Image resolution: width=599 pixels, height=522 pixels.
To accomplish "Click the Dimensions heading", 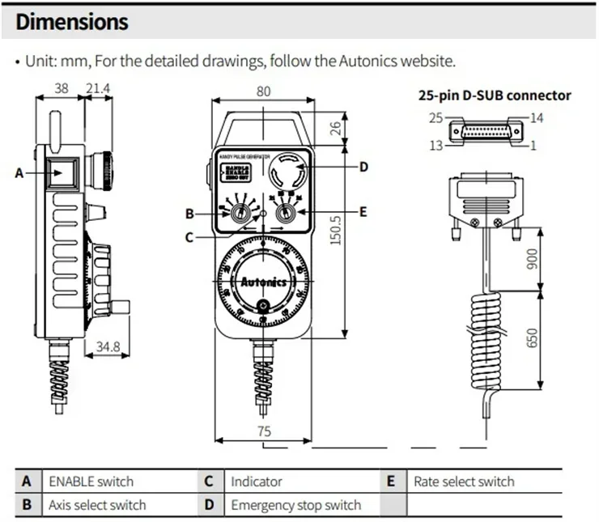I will (72, 22).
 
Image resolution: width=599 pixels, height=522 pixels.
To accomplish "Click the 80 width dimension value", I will (264, 91).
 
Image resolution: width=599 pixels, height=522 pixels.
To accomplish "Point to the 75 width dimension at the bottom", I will (264, 432).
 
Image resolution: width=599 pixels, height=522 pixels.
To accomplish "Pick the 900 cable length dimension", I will (531, 257).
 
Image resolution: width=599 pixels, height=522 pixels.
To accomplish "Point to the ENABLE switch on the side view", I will (61, 172).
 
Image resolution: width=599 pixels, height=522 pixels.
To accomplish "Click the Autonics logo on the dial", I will (263, 283).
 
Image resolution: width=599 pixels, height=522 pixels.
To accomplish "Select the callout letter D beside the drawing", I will (363, 167).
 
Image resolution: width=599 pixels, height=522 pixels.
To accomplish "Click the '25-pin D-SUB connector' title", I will (494, 95).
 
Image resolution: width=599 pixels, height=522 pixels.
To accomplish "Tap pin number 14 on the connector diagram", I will (538, 118).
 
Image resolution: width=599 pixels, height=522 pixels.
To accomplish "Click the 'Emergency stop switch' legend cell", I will (296, 505).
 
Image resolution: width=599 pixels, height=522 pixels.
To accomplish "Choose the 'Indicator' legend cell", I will (257, 482).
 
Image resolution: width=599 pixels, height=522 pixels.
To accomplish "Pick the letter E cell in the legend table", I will (391, 482).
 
